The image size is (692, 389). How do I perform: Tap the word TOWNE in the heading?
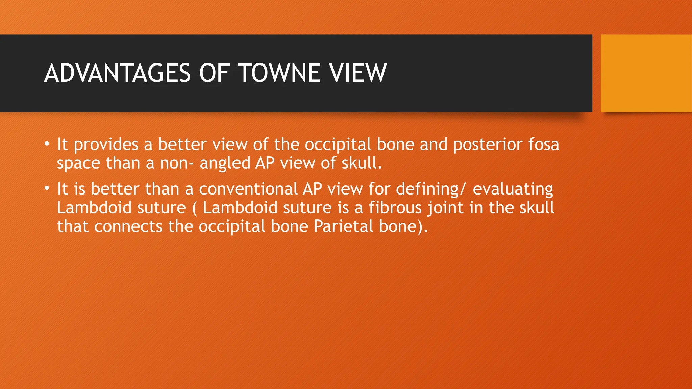pyautogui.click(x=279, y=73)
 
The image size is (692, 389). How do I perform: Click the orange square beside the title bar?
pyautogui.click(x=646, y=73)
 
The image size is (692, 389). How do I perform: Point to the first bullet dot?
pyautogui.click(x=47, y=145)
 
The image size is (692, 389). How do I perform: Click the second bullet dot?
pyautogui.click(x=47, y=189)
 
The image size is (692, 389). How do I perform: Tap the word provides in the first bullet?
pyautogui.click(x=106, y=145)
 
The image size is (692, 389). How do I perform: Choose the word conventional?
pyautogui.click(x=248, y=189)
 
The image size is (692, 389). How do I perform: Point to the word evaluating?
pyautogui.click(x=513, y=189)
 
